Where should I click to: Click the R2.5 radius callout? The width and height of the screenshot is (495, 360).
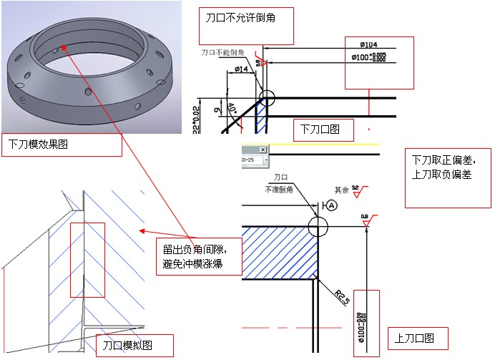343,295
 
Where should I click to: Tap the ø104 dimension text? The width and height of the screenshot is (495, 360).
370,44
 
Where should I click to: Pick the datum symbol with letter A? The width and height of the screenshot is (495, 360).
332,205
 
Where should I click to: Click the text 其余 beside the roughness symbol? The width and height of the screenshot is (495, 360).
343,190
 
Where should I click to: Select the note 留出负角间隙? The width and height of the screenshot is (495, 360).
195,249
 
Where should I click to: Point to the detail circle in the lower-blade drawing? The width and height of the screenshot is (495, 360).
266,98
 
